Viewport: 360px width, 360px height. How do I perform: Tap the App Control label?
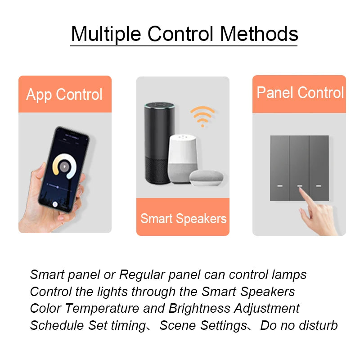[x=64, y=94]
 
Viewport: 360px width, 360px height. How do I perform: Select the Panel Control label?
[x=300, y=93]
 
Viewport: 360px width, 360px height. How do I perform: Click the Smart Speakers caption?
[x=183, y=219]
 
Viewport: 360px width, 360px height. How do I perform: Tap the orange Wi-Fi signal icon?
[x=202, y=116]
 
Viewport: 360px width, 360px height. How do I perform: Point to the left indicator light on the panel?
[x=279, y=185]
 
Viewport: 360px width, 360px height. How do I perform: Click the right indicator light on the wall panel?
[x=319, y=185]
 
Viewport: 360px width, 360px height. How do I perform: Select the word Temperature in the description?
[x=102, y=309]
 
